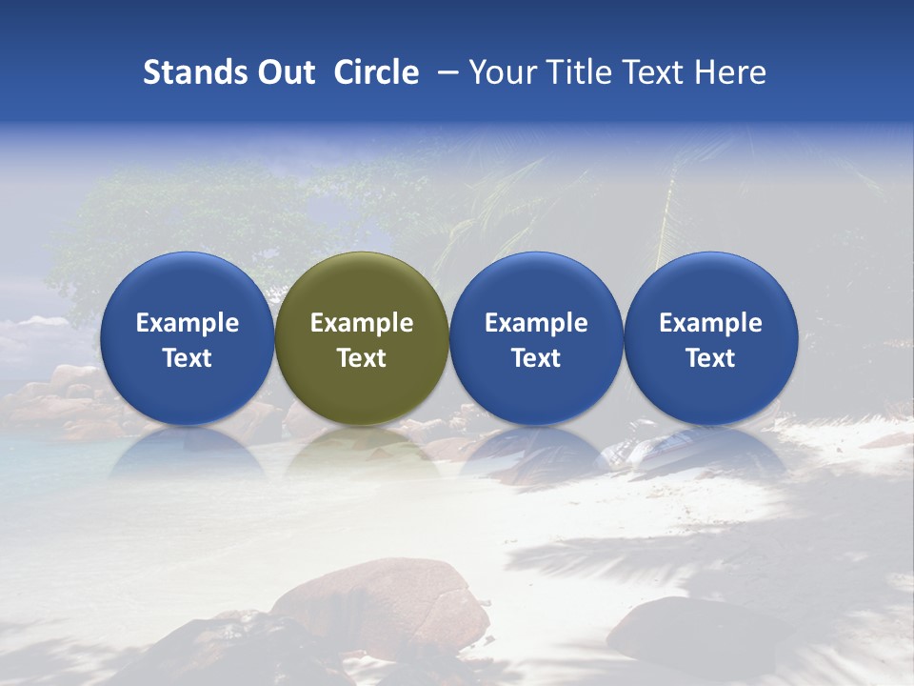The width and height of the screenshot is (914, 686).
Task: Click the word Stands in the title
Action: [189, 72]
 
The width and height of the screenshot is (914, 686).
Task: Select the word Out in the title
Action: [284, 72]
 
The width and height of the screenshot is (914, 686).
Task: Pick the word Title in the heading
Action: [580, 72]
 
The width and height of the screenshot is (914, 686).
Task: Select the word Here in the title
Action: [731, 72]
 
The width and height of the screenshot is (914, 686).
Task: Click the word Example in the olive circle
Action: [362, 323]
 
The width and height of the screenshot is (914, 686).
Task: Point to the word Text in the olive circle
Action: [362, 358]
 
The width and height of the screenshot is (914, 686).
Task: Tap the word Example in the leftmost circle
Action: [187, 323]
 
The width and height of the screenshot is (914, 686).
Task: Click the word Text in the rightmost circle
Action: [711, 358]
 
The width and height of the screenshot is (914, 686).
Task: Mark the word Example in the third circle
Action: [536, 323]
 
